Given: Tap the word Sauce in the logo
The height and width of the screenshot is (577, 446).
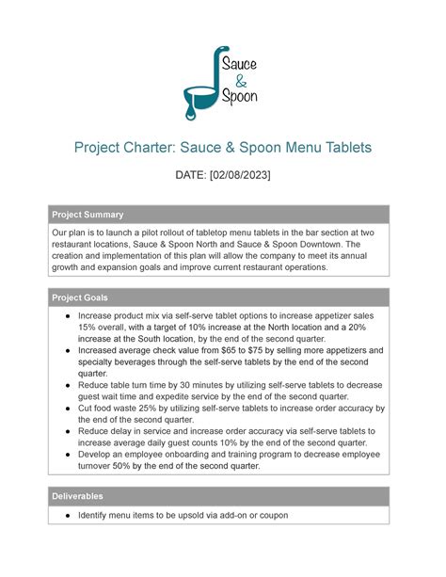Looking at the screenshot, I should [242, 66].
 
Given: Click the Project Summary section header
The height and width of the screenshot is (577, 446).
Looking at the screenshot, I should [88, 214].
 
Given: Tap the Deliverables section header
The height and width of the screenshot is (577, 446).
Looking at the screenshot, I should [77, 495].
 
